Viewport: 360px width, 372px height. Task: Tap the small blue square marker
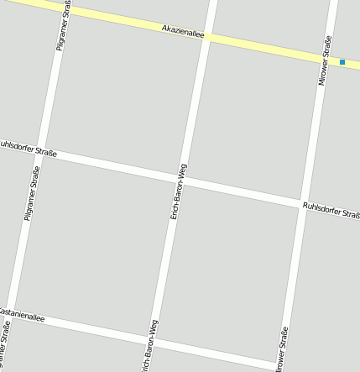(342, 62)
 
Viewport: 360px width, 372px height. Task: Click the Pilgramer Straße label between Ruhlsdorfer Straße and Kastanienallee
(32, 194)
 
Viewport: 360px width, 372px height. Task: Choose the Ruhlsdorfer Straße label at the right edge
(331, 210)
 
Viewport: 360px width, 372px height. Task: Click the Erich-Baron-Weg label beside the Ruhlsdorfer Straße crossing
(176, 192)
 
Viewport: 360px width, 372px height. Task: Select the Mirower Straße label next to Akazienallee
(325, 60)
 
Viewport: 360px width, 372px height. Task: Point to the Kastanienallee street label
(20, 315)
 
